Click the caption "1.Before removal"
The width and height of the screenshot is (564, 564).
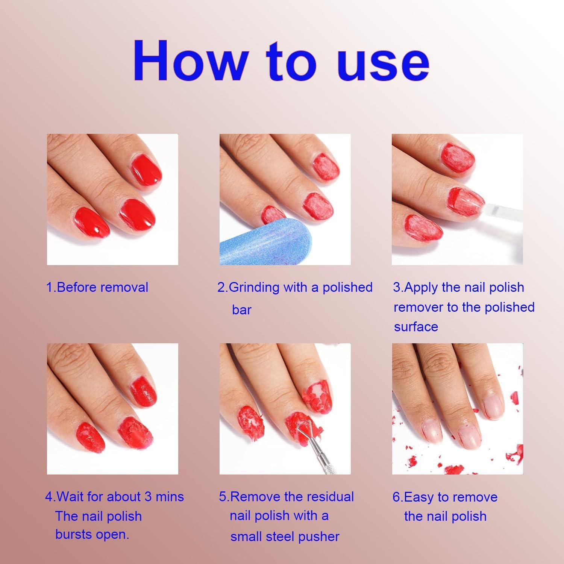point(97,287)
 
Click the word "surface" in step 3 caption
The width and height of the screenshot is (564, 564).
point(416,327)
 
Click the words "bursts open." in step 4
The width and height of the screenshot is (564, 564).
point(92,534)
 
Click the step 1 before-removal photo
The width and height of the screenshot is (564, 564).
point(112,199)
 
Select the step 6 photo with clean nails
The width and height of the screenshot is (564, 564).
point(457,409)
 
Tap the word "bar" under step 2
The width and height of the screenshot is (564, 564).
point(242,310)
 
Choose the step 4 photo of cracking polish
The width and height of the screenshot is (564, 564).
point(112,409)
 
